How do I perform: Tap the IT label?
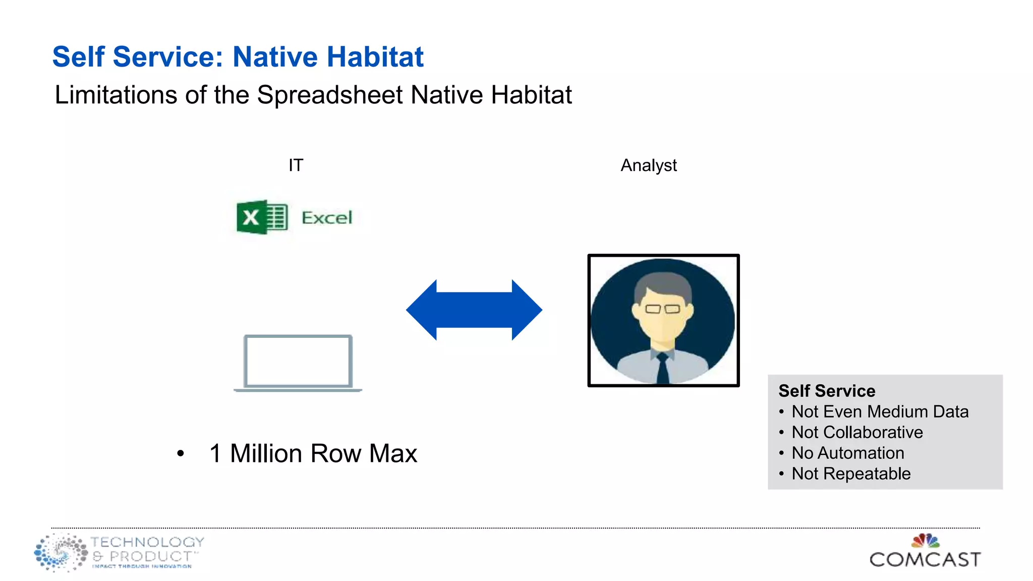(296, 165)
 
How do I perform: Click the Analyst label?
(648, 165)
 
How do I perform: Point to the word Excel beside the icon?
(327, 218)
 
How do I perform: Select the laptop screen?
(298, 361)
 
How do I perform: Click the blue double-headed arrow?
(474, 310)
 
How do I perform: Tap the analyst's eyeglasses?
(662, 309)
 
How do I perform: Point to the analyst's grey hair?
(662, 285)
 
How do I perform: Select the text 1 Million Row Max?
(313, 453)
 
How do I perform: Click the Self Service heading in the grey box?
(826, 391)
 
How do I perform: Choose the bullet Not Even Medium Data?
(880, 412)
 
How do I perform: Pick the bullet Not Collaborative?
(857, 432)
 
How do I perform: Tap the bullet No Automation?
(847, 453)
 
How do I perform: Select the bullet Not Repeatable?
(851, 474)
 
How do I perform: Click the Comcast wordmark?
(925, 559)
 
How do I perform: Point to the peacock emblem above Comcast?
(925, 541)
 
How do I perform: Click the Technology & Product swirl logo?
(61, 553)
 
